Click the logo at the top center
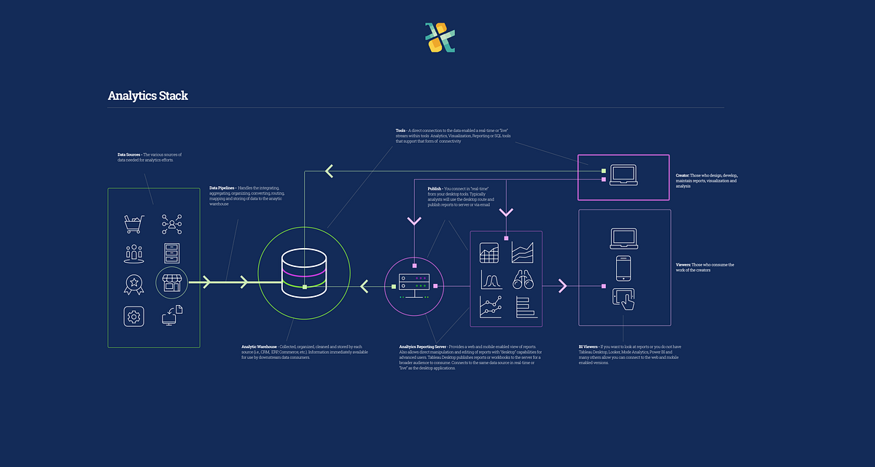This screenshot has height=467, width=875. pos(440,37)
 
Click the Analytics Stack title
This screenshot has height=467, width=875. pos(148,96)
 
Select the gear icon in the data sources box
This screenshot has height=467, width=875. pos(133,317)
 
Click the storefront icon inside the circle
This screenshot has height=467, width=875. pos(172,282)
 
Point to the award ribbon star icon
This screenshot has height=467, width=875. pos(133,283)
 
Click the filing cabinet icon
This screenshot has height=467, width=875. pos(172,253)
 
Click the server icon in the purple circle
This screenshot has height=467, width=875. pos(414,282)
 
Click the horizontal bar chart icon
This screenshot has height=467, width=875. pos(526,307)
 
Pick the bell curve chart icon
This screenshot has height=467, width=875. pos(489,279)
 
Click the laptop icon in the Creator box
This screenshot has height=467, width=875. pos(623,174)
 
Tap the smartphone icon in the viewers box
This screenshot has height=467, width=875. pos(623,268)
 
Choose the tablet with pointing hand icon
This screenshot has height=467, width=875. pos(623,298)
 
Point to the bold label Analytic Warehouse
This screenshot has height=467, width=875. pos(259,347)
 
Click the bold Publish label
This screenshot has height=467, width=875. pos(435,189)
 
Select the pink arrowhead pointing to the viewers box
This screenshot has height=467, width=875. pos(562,286)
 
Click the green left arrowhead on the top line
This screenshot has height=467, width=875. pos(329,171)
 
